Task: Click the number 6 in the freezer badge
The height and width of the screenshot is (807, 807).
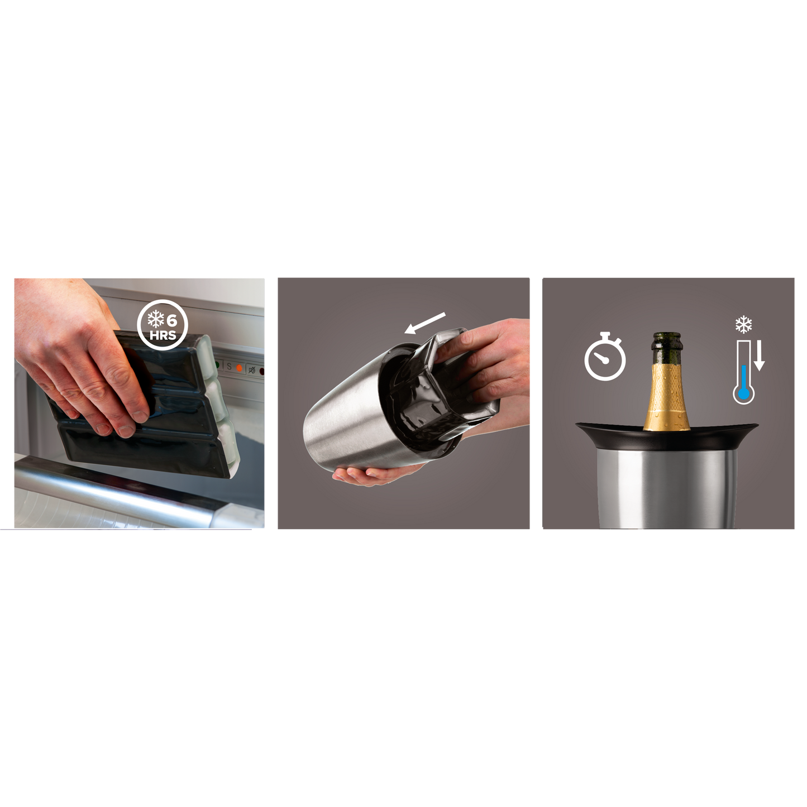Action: pyautogui.click(x=172, y=320)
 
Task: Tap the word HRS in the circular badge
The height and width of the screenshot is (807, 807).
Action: pyautogui.click(x=163, y=335)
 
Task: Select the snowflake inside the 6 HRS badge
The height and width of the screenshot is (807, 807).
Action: pyautogui.click(x=155, y=320)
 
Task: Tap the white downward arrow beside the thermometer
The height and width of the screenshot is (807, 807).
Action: pyautogui.click(x=759, y=356)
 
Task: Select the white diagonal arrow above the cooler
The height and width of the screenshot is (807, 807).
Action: pyautogui.click(x=424, y=323)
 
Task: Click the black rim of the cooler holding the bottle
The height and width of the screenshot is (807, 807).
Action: pyautogui.click(x=667, y=437)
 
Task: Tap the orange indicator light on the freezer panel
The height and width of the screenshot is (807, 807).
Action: pyautogui.click(x=240, y=368)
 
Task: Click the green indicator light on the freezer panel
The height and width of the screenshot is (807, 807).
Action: pyautogui.click(x=217, y=365)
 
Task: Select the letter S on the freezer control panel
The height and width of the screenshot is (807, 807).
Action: pyautogui.click(x=229, y=367)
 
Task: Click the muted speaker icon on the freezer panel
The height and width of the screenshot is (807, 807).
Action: pyautogui.click(x=252, y=370)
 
